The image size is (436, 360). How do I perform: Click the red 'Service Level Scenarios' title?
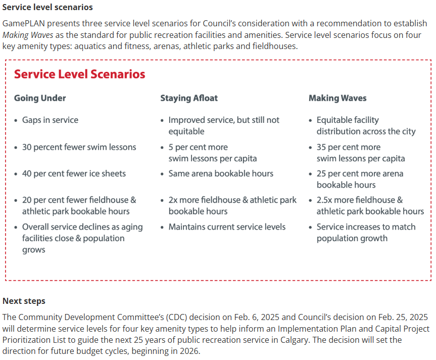click(x=79, y=74)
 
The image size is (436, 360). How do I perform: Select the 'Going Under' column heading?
click(x=40, y=98)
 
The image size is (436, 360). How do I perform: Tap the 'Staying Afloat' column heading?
click(x=189, y=98)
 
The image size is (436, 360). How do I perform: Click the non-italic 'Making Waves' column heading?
click(x=337, y=98)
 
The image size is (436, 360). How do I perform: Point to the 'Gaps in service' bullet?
click(x=50, y=120)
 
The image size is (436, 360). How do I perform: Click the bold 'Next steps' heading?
click(x=24, y=301)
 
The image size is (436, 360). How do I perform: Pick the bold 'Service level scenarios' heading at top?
click(x=47, y=8)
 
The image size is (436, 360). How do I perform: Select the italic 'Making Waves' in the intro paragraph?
click(x=28, y=35)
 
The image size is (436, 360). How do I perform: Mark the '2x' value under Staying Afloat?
click(x=174, y=200)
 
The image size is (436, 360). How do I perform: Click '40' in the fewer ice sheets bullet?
click(x=27, y=173)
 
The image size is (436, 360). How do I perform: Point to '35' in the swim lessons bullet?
click(x=322, y=147)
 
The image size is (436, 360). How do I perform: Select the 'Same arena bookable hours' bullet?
click(x=221, y=173)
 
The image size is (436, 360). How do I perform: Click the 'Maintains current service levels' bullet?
click(x=227, y=227)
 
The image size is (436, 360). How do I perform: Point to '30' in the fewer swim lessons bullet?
click(x=27, y=147)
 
